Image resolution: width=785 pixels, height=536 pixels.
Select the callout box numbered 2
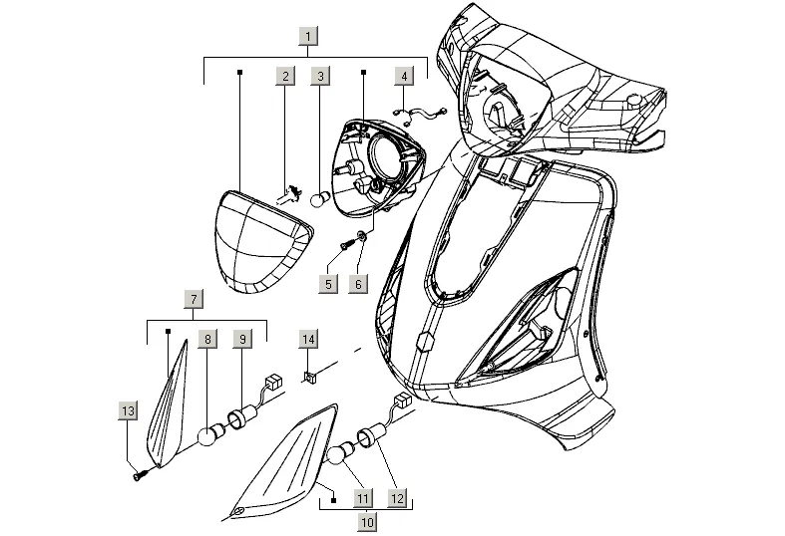[285, 76]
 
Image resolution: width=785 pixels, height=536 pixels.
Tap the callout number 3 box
[319, 76]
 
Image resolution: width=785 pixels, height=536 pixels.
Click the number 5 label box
[326, 284]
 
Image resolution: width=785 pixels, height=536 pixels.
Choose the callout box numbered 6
[357, 284]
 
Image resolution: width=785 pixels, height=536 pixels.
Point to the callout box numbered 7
[195, 298]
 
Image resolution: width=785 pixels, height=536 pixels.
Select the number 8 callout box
[207, 339]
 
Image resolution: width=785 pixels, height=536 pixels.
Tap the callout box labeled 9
[240, 339]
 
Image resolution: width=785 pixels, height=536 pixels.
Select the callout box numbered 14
[309, 340]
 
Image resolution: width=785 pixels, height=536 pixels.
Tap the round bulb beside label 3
[319, 200]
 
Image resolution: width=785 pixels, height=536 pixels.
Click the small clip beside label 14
[309, 377]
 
